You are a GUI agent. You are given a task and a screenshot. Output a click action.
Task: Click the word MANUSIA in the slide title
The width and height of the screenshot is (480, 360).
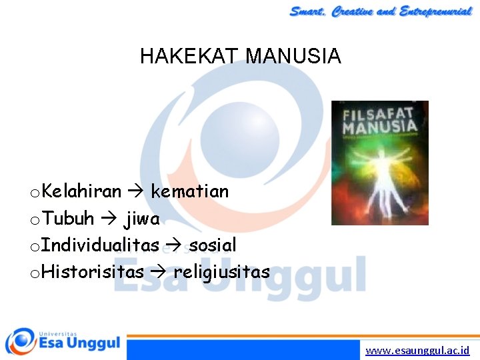click(x=293, y=56)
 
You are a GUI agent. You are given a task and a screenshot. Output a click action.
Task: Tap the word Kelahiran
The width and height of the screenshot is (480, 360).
click(x=81, y=192)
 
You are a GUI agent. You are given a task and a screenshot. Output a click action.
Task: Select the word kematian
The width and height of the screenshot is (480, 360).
click(x=190, y=192)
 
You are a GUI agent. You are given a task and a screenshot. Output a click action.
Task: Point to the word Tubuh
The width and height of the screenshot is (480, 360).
click(x=68, y=219)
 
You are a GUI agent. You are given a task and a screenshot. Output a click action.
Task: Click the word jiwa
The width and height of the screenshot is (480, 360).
click(x=141, y=219)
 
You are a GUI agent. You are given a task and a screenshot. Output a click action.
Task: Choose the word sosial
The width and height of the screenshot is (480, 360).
click(x=213, y=245)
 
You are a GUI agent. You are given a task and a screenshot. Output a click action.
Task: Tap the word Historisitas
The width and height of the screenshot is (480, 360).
click(x=93, y=272)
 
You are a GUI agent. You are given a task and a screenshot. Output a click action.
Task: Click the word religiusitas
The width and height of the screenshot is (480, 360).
click(x=222, y=272)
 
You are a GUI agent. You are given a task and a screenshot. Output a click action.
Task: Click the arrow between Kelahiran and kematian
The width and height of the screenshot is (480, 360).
click(x=136, y=192)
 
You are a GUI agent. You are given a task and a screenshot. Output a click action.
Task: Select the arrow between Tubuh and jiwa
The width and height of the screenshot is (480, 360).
click(x=109, y=219)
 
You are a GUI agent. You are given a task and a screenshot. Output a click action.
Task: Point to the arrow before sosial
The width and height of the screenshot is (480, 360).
click(x=173, y=245)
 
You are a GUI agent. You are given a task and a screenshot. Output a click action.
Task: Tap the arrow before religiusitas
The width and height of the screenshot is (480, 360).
click(x=158, y=272)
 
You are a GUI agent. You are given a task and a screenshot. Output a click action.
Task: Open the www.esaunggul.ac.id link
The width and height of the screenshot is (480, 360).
click(x=417, y=350)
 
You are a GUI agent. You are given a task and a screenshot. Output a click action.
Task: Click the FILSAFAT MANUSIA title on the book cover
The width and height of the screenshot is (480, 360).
click(x=379, y=121)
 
